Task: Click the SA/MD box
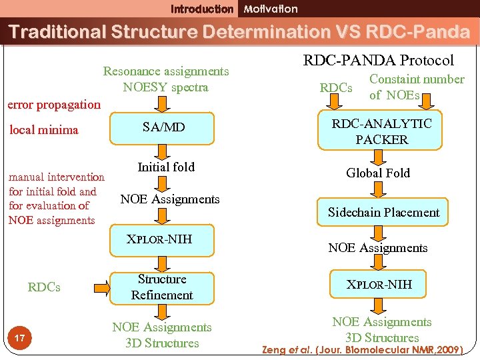pos(164,127)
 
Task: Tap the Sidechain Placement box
pos(383,213)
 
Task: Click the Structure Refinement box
pos(162,287)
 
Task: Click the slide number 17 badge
pos(19,339)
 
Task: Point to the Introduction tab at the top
pos(202,9)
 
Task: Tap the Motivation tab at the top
pos(271,9)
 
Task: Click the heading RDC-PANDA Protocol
pos(379,60)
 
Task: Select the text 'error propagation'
pos(53,105)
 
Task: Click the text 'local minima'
pos(43,130)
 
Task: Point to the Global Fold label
pos(378,173)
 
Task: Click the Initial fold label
pos(165,167)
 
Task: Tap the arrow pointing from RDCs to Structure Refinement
pos(101,287)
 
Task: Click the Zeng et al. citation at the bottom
pos(363,349)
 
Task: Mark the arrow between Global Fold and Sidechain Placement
pos(382,189)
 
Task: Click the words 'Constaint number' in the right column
pos(417,79)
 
